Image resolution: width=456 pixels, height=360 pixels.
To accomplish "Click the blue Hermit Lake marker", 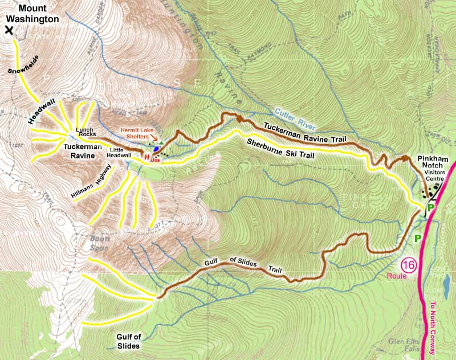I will click(156, 148).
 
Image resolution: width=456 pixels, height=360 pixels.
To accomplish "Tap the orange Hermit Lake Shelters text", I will click(137, 133).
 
